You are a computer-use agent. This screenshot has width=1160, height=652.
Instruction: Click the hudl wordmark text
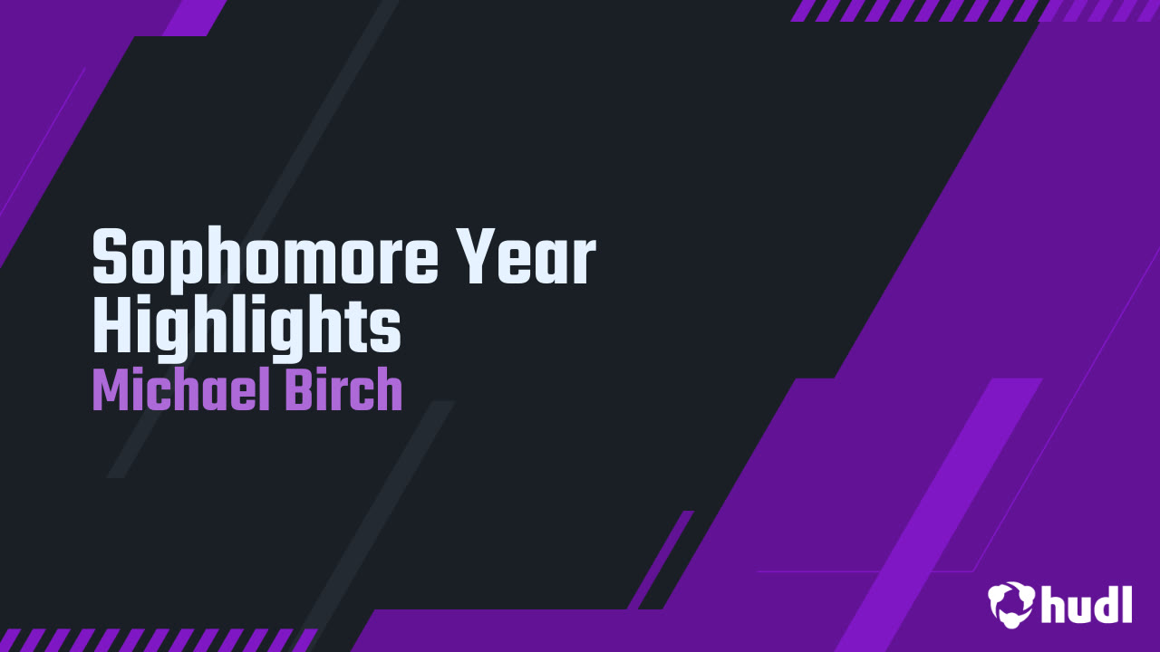[x=1087, y=604]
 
